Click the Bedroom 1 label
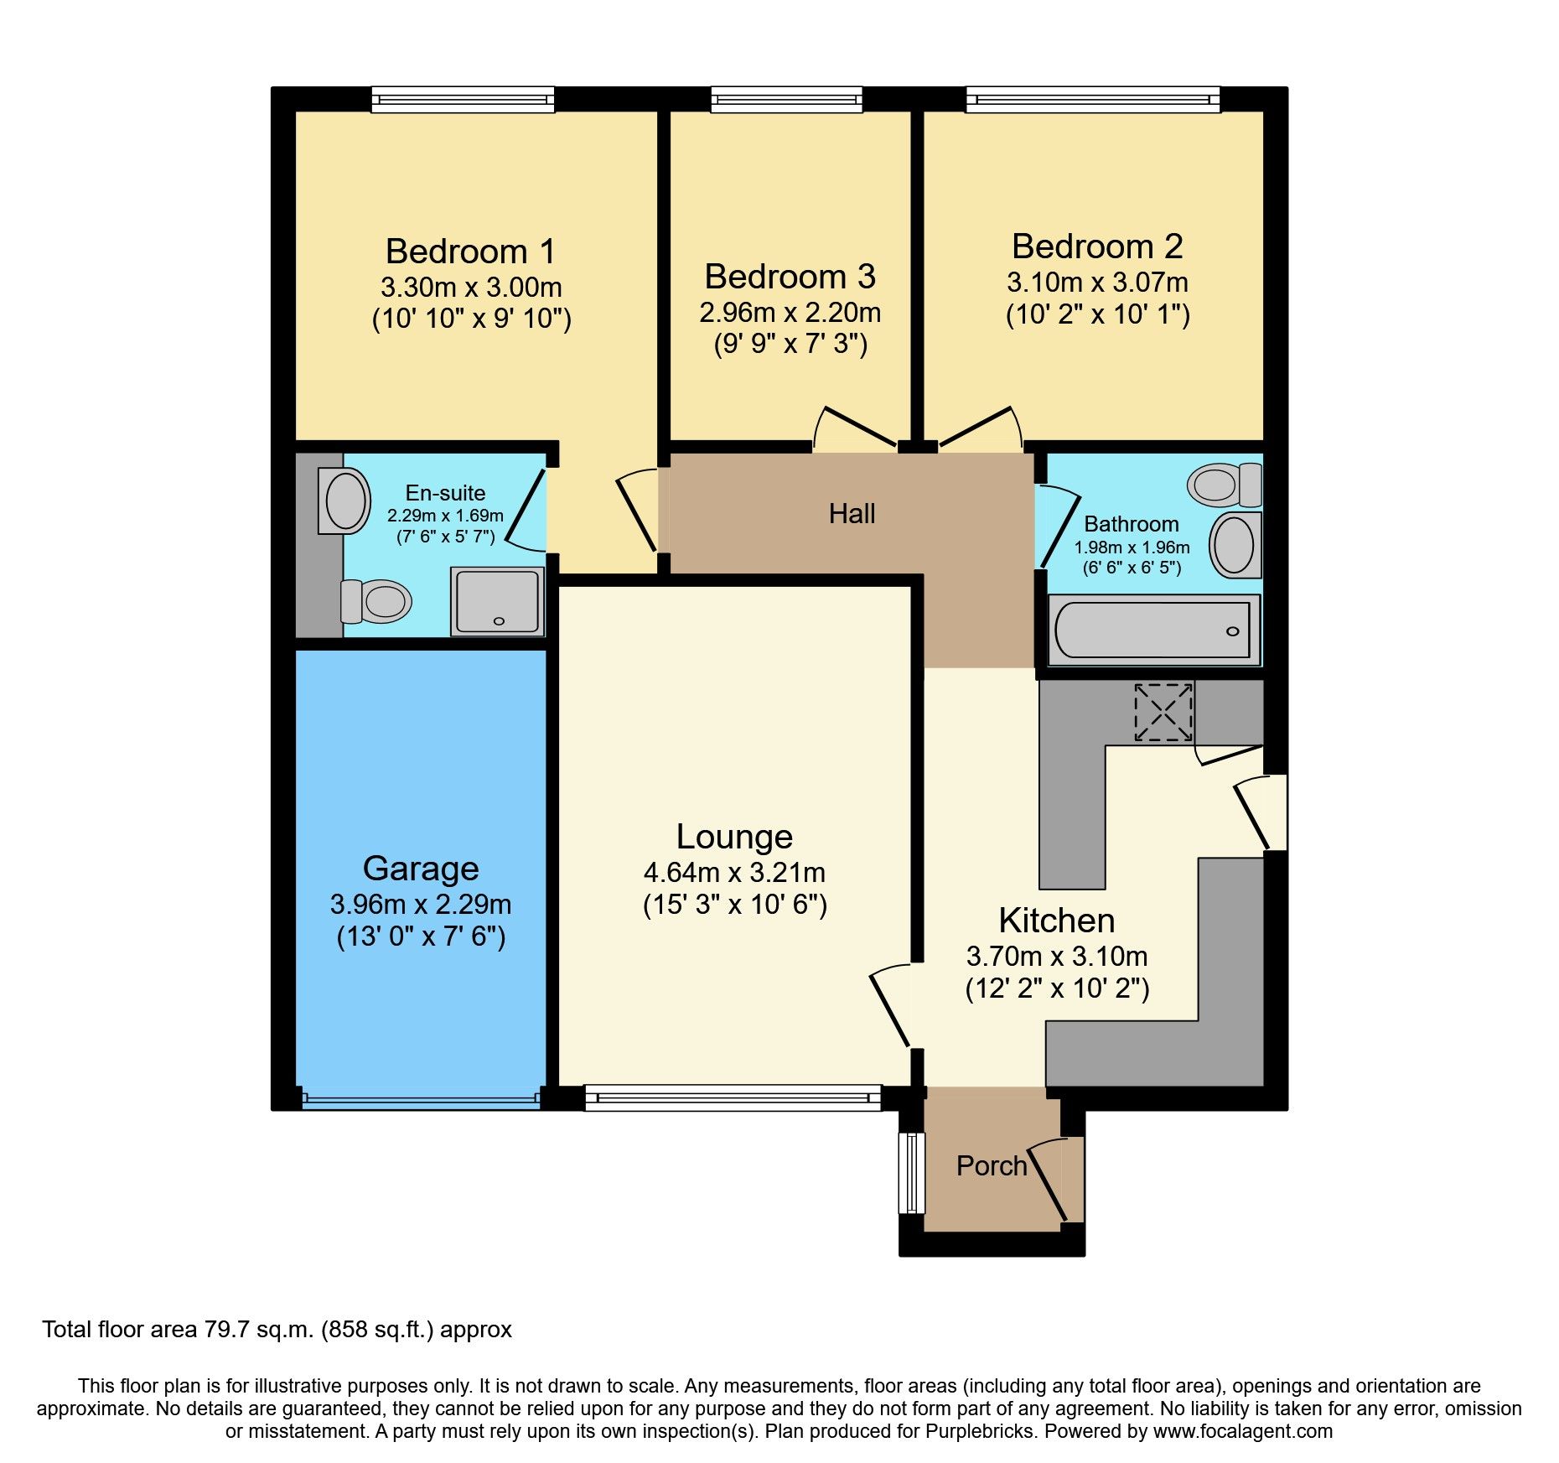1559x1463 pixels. [x=470, y=252]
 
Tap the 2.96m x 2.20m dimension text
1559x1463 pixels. [x=790, y=313]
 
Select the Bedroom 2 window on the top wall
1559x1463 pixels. [x=1092, y=100]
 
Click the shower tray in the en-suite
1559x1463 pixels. [x=498, y=601]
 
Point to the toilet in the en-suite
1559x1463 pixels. [x=377, y=601]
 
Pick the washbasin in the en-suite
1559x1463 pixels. [x=344, y=501]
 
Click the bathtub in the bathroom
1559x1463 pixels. [x=1153, y=630]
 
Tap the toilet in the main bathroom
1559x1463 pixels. [x=1225, y=485]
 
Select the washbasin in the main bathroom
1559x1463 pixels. [x=1235, y=546]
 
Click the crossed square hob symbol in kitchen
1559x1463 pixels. [x=1163, y=713]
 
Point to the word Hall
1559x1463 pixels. [x=852, y=514]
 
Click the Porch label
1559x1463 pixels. [x=991, y=1166]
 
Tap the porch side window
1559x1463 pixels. [x=911, y=1173]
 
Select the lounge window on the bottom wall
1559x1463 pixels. [x=733, y=1097]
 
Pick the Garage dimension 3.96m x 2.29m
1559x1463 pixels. [x=421, y=905]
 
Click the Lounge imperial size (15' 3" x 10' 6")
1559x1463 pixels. [x=735, y=905]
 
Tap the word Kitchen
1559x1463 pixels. [x=1056, y=921]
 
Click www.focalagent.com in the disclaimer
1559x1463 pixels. [x=1242, y=1431]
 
